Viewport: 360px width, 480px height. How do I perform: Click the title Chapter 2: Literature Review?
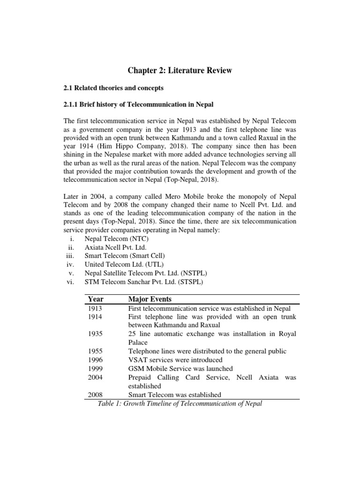click(180, 71)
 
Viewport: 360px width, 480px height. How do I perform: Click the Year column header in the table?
click(96, 299)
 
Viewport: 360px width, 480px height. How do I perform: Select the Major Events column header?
click(150, 299)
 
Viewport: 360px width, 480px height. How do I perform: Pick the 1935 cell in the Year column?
click(95, 334)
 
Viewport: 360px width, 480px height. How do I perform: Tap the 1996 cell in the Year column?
click(95, 360)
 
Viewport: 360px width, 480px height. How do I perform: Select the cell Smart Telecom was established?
click(175, 395)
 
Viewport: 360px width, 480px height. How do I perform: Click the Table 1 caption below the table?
click(180, 404)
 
